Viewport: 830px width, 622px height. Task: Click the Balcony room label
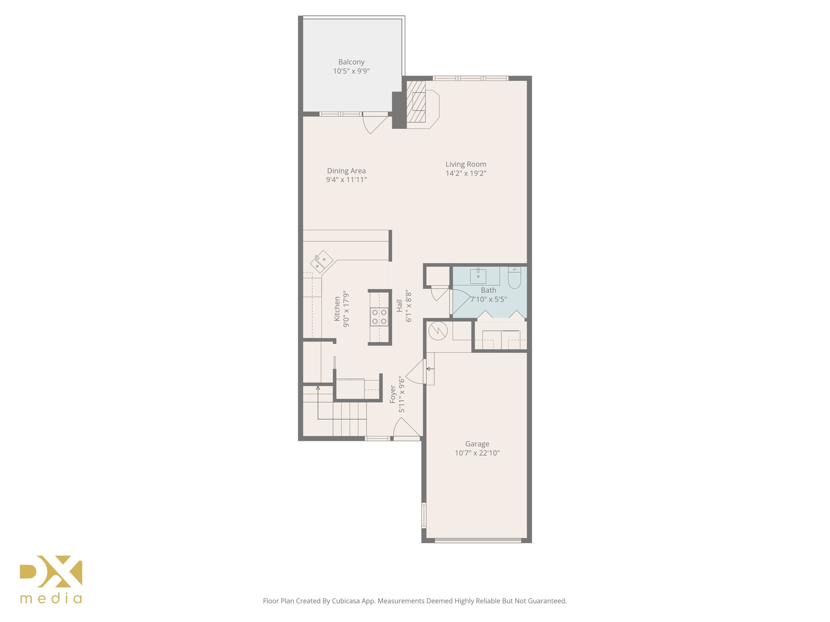[351, 62]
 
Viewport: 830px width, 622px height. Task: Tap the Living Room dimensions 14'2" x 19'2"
[466, 173]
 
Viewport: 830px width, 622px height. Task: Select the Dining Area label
[346, 171]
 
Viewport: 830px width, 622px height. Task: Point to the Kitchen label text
[337, 309]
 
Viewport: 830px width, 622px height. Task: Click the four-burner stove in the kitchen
[379, 317]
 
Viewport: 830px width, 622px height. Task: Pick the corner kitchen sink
[321, 261]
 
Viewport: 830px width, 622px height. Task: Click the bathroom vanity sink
[478, 276]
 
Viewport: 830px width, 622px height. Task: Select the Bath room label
[488, 290]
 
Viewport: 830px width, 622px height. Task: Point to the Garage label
[477, 444]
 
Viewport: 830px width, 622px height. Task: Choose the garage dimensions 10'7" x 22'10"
[477, 453]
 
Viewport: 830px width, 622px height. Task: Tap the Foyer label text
[393, 394]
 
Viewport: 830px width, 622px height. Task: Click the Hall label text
[400, 306]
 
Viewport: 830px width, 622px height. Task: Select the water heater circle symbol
[438, 331]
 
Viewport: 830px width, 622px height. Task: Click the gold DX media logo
[51, 579]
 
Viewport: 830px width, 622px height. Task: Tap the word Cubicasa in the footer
[346, 601]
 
